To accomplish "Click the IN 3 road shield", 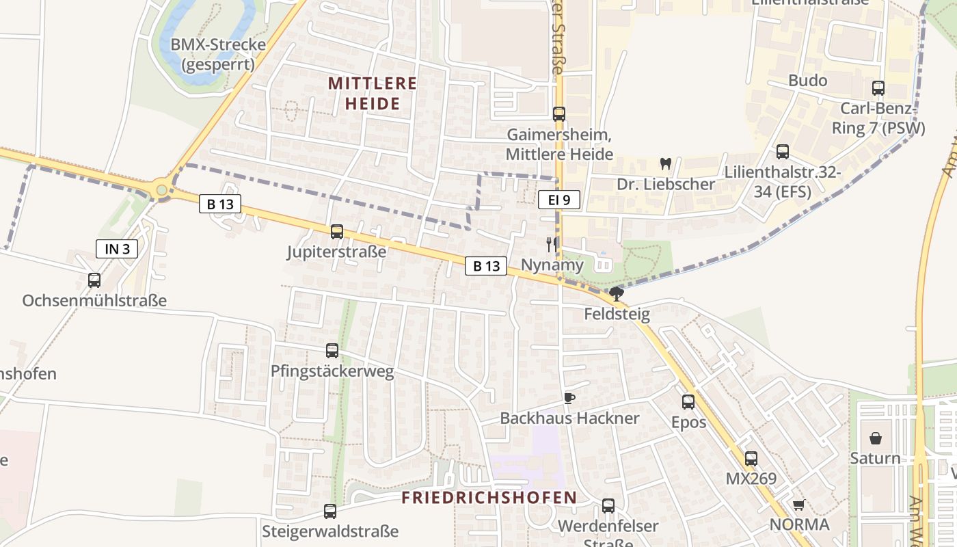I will pyautogui.click(x=117, y=249).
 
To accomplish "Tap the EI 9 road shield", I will pyautogui.click(x=558, y=200).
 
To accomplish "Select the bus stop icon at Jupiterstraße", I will pyautogui.click(x=336, y=232).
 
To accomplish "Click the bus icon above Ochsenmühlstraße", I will pyautogui.click(x=94, y=280).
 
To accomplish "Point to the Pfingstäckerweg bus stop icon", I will pyautogui.click(x=332, y=351).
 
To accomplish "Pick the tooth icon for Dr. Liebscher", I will pyautogui.click(x=665, y=164).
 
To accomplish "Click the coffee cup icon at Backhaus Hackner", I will pyautogui.click(x=569, y=398).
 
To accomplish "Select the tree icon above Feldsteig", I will pyautogui.click(x=617, y=294).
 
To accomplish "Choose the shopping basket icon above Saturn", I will pyautogui.click(x=876, y=438).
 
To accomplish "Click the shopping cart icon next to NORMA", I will pyautogui.click(x=798, y=505).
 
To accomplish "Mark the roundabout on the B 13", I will pyautogui.click(x=161, y=189).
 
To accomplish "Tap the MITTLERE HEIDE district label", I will pyautogui.click(x=373, y=93).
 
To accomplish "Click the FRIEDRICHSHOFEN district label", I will pyautogui.click(x=489, y=497).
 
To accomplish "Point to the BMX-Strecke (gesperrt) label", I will pyautogui.click(x=218, y=55).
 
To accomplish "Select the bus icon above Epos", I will pyautogui.click(x=688, y=402).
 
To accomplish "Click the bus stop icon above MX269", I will pyautogui.click(x=751, y=459).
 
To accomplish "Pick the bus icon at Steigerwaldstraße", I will pyautogui.click(x=330, y=511).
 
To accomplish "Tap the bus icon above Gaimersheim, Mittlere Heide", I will pyautogui.click(x=559, y=114).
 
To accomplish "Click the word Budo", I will pyautogui.click(x=808, y=81).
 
